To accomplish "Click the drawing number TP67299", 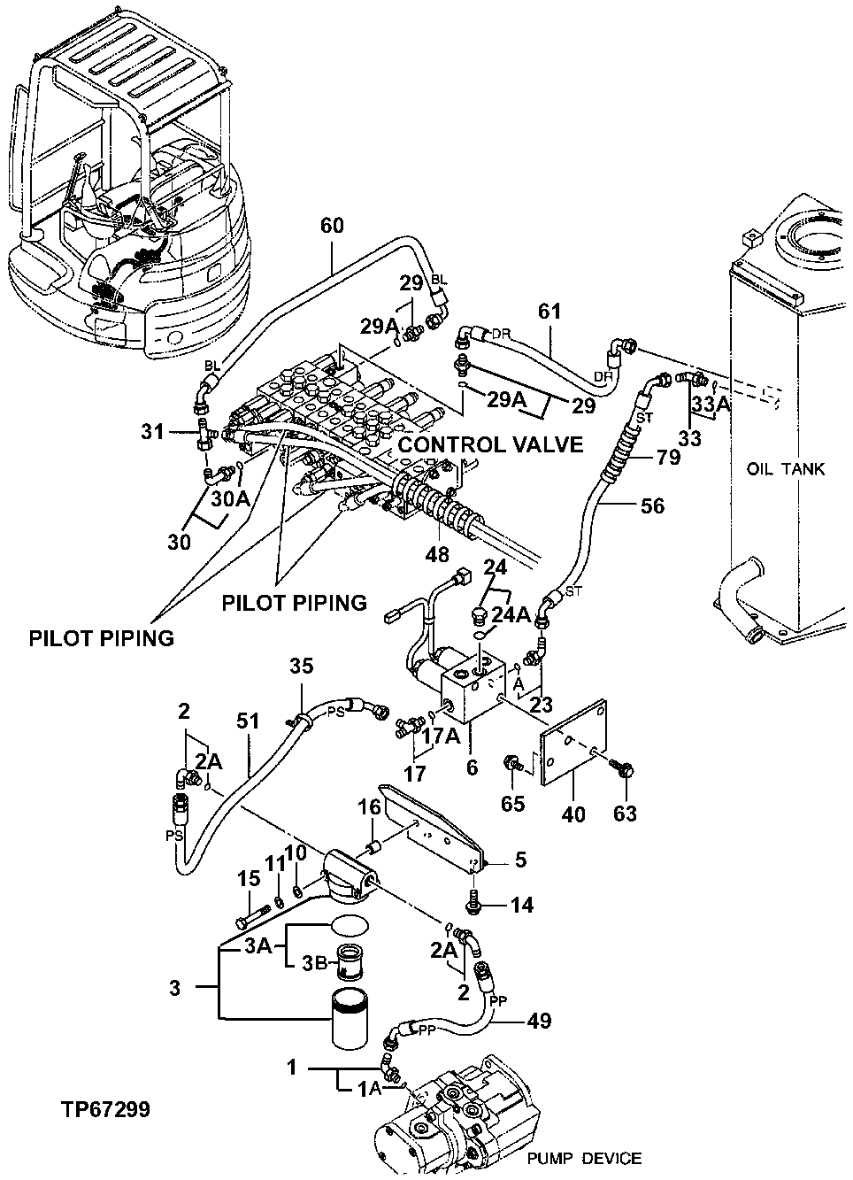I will pyautogui.click(x=105, y=1110).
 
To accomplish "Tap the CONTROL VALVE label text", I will pyautogui.click(x=489, y=443).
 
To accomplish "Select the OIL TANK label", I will pyautogui.click(x=786, y=468).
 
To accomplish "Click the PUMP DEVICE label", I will pyautogui.click(x=584, y=1158).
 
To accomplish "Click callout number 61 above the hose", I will pyautogui.click(x=549, y=312).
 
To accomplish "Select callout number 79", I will pyautogui.click(x=671, y=458).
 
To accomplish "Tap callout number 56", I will pyautogui.click(x=651, y=505).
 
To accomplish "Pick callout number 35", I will pyautogui.click(x=302, y=667).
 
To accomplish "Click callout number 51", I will pyautogui.click(x=249, y=721).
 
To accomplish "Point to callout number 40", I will pyautogui.click(x=573, y=813).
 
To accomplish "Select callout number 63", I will pyautogui.click(x=625, y=813).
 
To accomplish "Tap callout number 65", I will pyautogui.click(x=513, y=804).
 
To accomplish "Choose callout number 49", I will pyautogui.click(x=539, y=1021).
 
